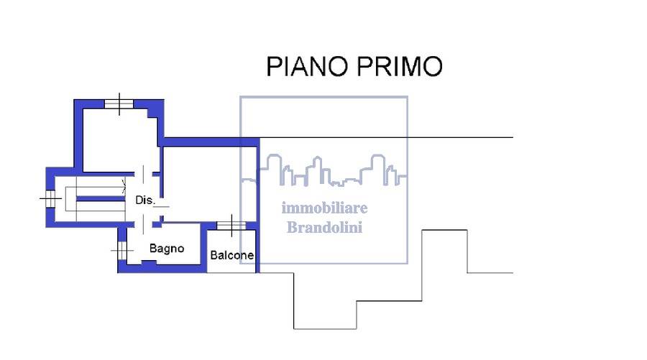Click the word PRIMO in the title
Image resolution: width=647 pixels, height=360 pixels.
(400, 66)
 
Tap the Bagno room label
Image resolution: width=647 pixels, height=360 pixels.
(167, 249)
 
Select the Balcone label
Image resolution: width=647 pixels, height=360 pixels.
(232, 255)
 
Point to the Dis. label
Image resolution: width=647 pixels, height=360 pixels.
(144, 200)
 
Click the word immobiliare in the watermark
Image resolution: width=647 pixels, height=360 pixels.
(324, 208)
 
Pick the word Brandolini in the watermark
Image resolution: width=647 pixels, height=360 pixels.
(324, 227)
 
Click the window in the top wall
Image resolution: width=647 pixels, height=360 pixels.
(119, 104)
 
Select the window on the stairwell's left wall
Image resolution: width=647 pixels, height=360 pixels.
(50, 199)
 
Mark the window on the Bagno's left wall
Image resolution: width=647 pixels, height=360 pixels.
(122, 250)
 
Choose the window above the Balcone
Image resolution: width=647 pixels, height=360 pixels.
(231, 226)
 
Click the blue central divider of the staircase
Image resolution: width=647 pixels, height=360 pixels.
(101, 199)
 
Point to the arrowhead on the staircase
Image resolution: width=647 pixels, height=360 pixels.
(124, 186)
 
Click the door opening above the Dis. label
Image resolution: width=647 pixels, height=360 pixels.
(143, 174)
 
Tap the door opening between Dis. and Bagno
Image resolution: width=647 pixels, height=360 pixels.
(143, 224)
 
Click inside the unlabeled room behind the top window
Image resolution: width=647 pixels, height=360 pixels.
(119, 140)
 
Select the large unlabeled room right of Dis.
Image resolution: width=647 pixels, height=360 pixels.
(210, 185)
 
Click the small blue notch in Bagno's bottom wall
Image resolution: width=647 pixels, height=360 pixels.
(149, 262)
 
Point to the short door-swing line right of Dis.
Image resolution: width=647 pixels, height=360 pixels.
(161, 207)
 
